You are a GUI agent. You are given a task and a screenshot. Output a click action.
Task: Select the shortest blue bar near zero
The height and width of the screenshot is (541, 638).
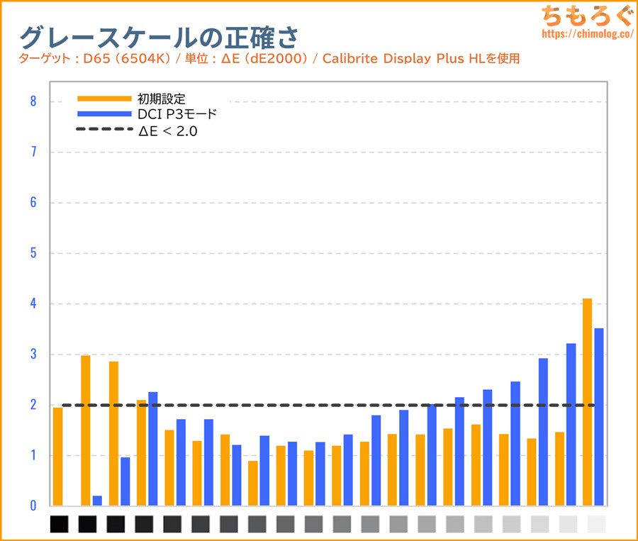tap(97, 501)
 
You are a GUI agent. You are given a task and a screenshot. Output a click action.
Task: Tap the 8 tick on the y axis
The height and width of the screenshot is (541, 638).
tap(33, 101)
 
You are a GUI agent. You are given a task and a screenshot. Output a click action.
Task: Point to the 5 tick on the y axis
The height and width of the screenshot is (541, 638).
tap(33, 253)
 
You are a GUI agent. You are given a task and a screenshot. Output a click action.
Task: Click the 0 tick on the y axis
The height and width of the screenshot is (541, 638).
tap(33, 506)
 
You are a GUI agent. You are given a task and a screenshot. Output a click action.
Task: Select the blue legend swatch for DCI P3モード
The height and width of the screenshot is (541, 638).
tap(104, 113)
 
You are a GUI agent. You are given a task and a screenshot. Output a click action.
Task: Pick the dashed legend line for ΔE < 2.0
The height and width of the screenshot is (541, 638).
tap(104, 130)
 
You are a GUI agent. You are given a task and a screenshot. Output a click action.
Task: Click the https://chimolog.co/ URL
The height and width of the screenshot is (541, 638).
tap(586, 33)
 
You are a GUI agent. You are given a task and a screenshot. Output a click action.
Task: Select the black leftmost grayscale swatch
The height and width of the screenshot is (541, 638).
tap(60, 525)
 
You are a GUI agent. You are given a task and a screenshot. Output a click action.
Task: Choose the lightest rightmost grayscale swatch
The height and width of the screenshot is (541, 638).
tap(597, 525)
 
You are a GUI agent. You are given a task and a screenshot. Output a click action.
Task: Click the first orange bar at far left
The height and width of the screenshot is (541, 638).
tap(57, 457)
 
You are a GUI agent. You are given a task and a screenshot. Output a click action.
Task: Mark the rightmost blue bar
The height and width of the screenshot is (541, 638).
tap(599, 417)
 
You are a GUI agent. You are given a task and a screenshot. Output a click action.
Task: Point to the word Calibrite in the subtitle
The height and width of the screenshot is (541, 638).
tap(349, 58)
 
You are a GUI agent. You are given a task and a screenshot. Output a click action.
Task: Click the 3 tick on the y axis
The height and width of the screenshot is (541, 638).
tap(33, 355)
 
